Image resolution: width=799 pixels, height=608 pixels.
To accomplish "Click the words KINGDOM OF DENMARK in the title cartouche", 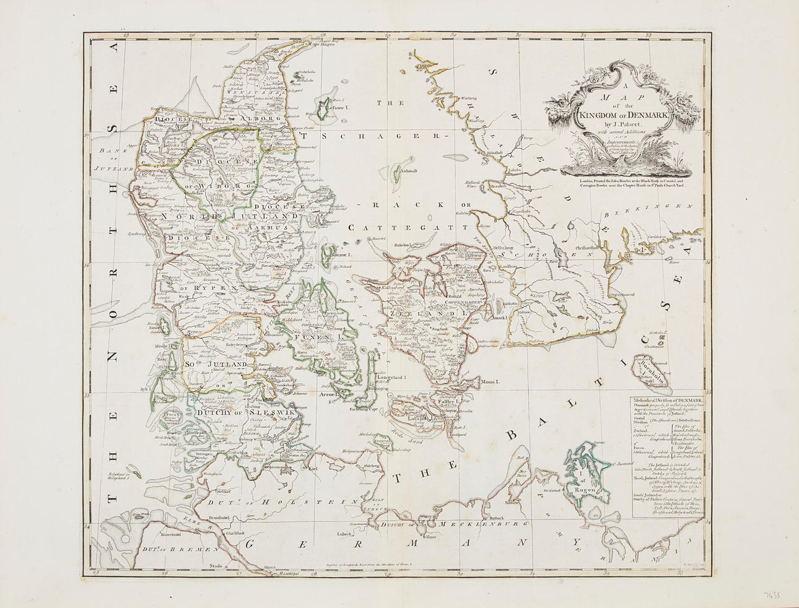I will coord(624,114).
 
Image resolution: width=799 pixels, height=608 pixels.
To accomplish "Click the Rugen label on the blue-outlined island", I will coord(585,489).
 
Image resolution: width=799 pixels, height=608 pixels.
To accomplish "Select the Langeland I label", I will coord(390,377).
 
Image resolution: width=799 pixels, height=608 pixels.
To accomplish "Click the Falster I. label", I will coord(447,402).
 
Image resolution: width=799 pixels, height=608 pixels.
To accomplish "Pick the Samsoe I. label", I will coord(341,254).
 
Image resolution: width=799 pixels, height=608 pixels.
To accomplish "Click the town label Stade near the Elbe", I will coord(216,565).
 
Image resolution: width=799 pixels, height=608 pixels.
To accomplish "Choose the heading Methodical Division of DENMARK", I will coord(667,401).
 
